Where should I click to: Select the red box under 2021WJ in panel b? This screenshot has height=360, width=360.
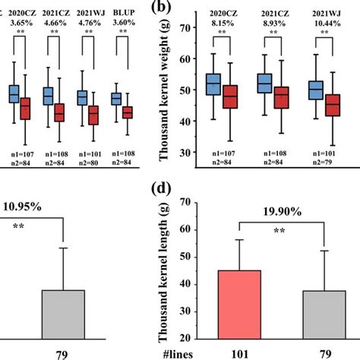[x=332, y=105]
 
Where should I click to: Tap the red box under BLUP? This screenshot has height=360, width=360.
[x=128, y=112]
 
